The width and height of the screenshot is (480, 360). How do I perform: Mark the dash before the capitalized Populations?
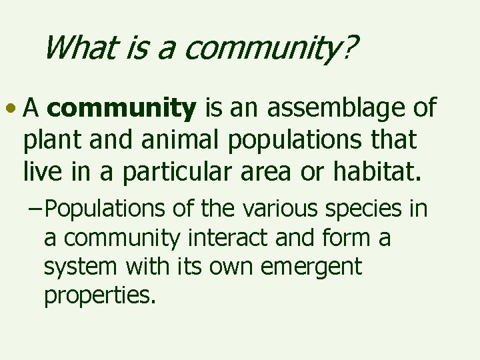point(37,209)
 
